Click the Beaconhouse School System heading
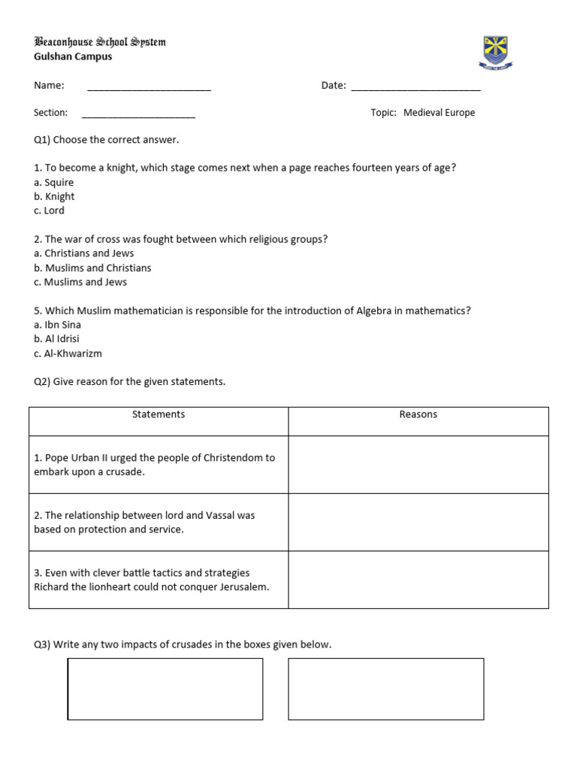100,42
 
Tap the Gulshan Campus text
73,56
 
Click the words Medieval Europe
439,113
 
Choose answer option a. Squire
54,183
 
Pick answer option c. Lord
50,211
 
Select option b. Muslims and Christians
92,268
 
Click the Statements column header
159,414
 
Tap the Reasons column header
418,414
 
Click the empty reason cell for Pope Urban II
418,465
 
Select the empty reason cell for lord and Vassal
418,523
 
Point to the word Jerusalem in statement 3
243,587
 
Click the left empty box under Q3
165,689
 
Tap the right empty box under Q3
386,689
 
